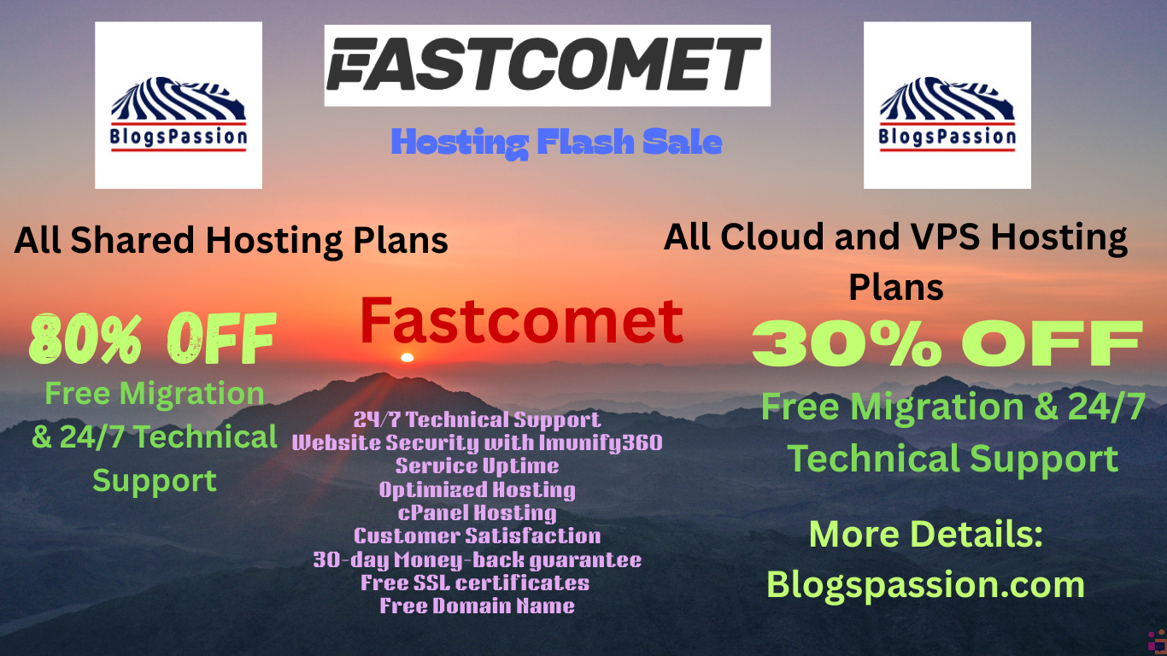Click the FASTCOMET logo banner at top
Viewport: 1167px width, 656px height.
547,66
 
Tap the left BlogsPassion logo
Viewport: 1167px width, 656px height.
179,105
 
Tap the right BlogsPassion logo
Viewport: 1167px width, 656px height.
947,105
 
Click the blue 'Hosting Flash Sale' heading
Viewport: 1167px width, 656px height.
556,143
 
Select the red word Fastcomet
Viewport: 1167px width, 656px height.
521,320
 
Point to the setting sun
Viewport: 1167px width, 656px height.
407,357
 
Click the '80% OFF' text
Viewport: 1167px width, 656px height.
152,339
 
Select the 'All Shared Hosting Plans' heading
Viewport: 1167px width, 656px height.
231,240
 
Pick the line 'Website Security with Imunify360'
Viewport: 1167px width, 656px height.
478,443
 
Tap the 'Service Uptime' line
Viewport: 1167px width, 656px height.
478,466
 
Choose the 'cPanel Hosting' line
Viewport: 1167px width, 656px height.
478,512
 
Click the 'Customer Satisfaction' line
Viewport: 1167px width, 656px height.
478,536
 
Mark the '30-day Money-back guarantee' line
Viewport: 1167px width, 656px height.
478,559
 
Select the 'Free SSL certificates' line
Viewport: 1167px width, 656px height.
475,583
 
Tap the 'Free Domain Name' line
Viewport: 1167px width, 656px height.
478,606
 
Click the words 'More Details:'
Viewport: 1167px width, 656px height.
926,534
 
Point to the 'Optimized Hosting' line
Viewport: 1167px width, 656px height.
478,489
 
